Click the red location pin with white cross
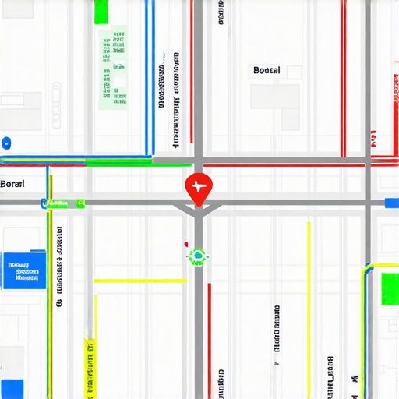[198, 187]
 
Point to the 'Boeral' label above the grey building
[267, 71]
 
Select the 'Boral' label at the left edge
[12, 184]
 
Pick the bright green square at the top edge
[101, 12]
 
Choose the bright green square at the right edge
[389, 288]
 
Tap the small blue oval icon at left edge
[6, 143]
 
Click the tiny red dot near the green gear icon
[185, 243]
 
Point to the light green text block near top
[114, 65]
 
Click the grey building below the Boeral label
[274, 97]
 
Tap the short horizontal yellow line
[140, 281]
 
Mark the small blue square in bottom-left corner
[12, 389]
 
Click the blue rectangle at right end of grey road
[392, 203]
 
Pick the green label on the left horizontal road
[63, 203]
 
